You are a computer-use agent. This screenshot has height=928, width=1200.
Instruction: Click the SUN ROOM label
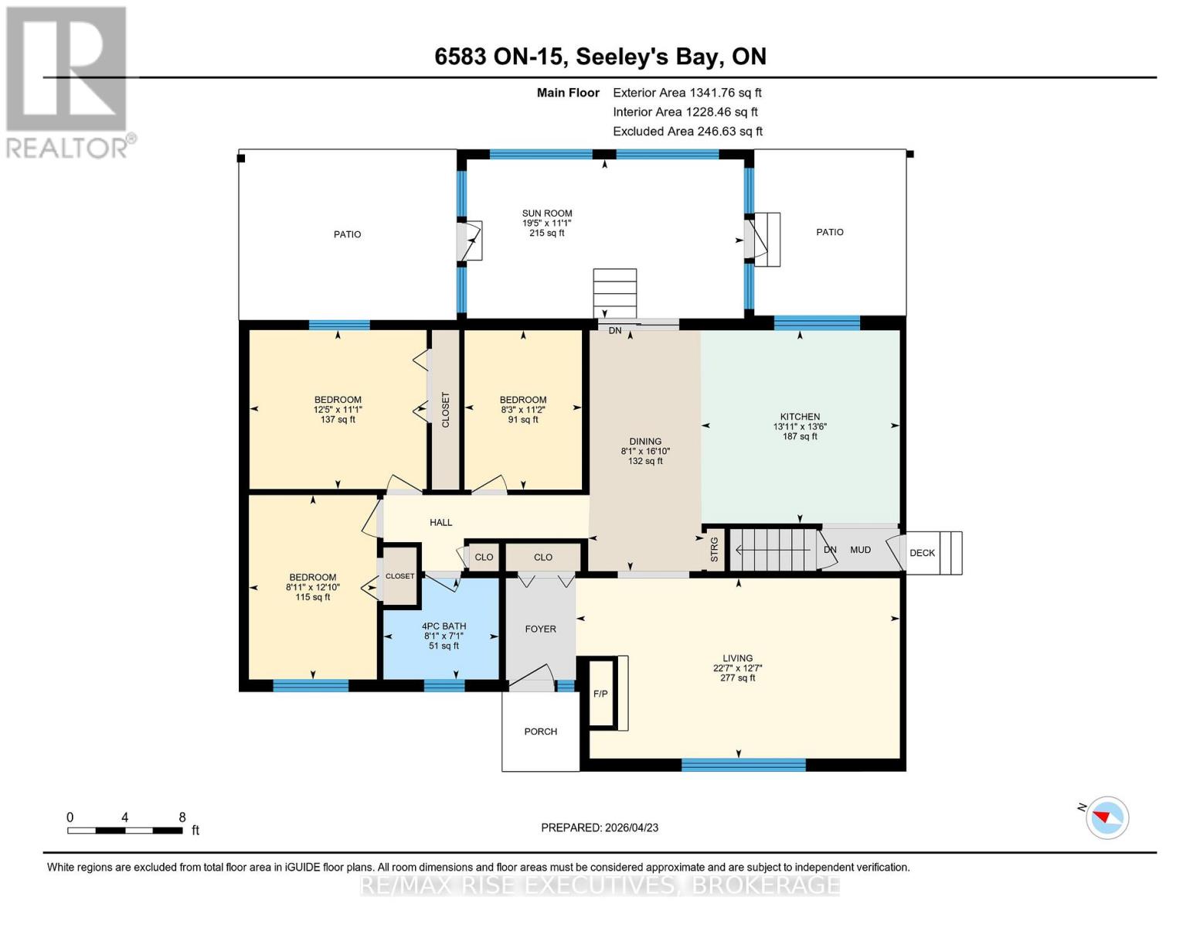(x=547, y=213)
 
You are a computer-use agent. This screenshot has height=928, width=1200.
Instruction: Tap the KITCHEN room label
(x=800, y=417)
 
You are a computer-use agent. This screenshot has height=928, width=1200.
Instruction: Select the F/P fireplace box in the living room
(x=601, y=694)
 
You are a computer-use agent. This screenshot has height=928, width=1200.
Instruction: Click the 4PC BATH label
(x=444, y=626)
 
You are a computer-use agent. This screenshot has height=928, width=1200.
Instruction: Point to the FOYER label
(x=540, y=629)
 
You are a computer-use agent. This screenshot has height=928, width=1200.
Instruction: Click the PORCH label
(x=540, y=732)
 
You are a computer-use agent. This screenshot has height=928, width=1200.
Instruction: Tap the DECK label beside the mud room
(x=922, y=553)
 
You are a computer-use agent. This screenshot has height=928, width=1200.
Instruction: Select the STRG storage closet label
(x=715, y=550)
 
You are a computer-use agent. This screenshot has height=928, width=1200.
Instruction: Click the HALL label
(x=440, y=523)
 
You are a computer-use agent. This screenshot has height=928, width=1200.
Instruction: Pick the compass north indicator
(x=1107, y=817)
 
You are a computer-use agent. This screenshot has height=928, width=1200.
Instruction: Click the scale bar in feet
(x=125, y=830)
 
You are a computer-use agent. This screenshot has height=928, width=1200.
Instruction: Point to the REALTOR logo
(x=66, y=82)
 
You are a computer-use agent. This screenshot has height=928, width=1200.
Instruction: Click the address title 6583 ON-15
(x=600, y=56)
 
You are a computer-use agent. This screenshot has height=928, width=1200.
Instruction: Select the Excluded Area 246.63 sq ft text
(x=687, y=131)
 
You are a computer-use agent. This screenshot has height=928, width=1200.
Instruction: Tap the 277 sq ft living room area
(x=737, y=678)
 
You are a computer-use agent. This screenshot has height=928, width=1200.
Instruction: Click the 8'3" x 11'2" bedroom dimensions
(x=523, y=410)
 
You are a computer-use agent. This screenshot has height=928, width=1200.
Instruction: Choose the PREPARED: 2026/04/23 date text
(x=600, y=827)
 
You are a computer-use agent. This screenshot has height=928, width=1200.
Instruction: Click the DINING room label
(x=645, y=442)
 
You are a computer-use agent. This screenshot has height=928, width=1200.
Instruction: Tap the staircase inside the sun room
(x=615, y=293)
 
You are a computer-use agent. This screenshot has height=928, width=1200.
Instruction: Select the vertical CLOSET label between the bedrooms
(x=446, y=410)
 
